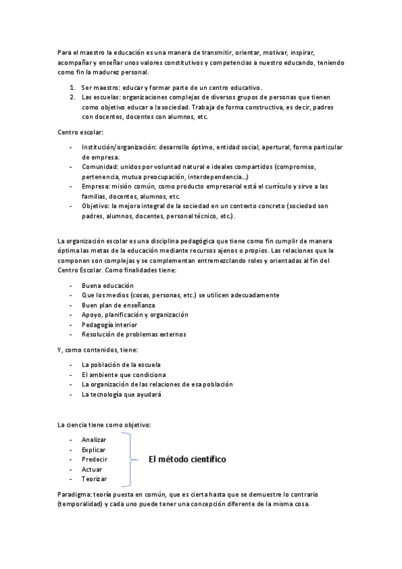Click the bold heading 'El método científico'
[187, 459]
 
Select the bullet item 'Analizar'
[94, 439]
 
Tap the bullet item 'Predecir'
[95, 459]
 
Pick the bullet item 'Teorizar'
[94, 479]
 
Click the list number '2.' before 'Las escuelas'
[72, 98]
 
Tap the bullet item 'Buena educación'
[107, 285]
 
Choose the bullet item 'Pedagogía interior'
[109, 324]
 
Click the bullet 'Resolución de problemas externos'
[134, 334]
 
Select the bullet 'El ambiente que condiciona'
[123, 374]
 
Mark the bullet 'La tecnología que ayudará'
[121, 395]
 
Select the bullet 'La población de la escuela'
[121, 364]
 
